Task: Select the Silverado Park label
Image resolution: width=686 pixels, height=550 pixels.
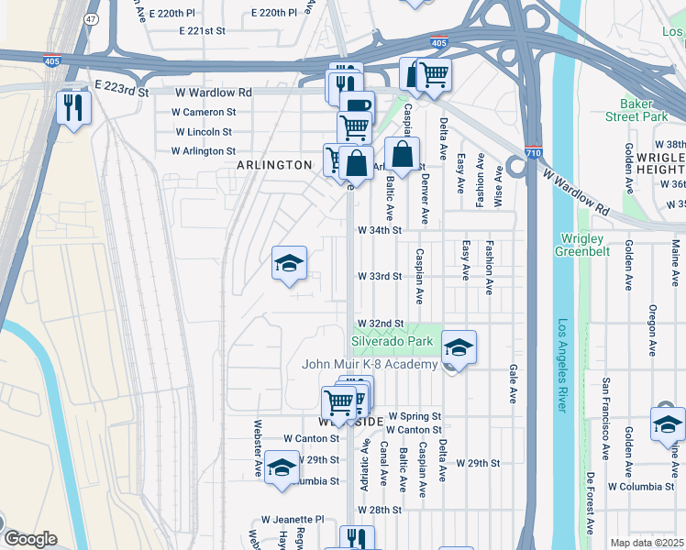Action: pos(392,341)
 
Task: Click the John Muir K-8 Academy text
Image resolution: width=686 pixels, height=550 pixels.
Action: pos(370,365)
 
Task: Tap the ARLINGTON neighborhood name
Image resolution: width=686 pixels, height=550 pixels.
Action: pos(274,165)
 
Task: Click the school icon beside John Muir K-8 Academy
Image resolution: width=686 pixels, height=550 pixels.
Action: pos(459,347)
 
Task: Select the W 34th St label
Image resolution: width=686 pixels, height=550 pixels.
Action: pos(380,230)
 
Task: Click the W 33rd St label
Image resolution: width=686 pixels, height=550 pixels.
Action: pos(380,276)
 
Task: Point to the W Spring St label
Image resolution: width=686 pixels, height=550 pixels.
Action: pos(414,416)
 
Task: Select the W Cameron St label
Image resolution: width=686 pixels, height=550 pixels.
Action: pos(204,112)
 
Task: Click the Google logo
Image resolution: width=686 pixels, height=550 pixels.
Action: pos(30,539)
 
